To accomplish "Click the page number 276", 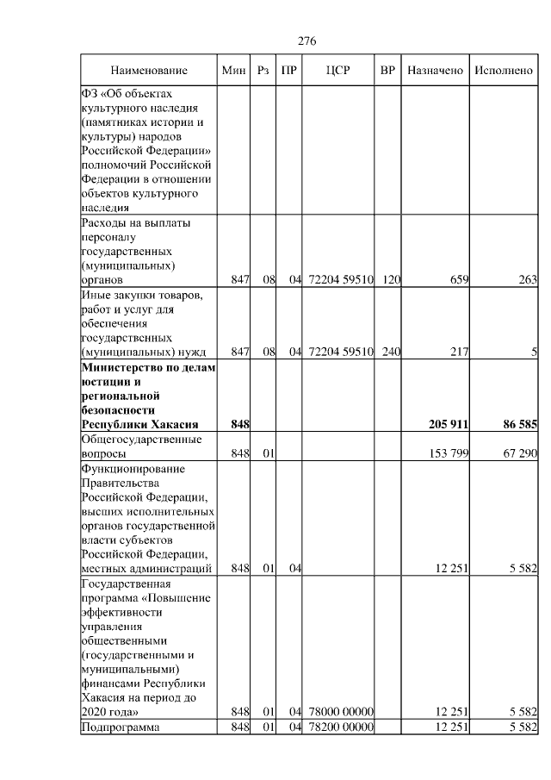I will tap(307, 41).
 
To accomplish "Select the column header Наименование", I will tap(148, 70).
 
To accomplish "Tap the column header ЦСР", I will tap(338, 70).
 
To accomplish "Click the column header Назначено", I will tap(435, 70).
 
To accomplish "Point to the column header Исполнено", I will tap(504, 70).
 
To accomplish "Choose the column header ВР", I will tap(388, 70).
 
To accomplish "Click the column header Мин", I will tap(233, 70).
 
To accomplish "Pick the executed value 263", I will tap(528, 279).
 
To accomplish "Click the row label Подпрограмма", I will tap(121, 727).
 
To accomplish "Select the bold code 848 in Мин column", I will tap(240, 424).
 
